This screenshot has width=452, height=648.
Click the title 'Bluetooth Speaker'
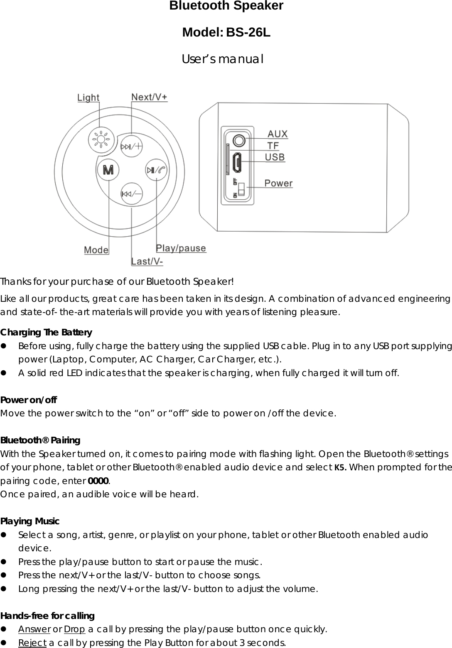coord(226,6)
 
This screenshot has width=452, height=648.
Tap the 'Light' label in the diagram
coord(88,98)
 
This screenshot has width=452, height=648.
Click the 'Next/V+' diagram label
coord(150,97)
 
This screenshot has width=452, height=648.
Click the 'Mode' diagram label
coord(96,250)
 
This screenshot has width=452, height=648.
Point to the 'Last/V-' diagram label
coord(147,261)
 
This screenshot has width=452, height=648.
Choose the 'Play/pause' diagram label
coord(181,248)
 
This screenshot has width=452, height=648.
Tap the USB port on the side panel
coord(237,163)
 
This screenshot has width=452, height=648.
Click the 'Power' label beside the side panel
coord(278,183)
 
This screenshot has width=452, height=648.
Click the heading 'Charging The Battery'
coord(46,333)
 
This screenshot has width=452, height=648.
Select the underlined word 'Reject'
coord(32,643)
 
